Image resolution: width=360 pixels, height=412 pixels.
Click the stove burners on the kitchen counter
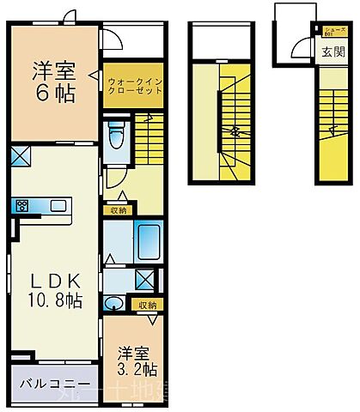click(22, 205)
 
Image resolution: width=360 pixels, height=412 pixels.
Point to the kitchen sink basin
click(58, 205)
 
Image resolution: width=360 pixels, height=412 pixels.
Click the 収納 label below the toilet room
click(119, 209)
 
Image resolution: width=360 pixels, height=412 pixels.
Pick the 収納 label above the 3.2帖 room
click(145, 305)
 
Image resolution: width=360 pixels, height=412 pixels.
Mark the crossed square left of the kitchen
click(21, 156)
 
